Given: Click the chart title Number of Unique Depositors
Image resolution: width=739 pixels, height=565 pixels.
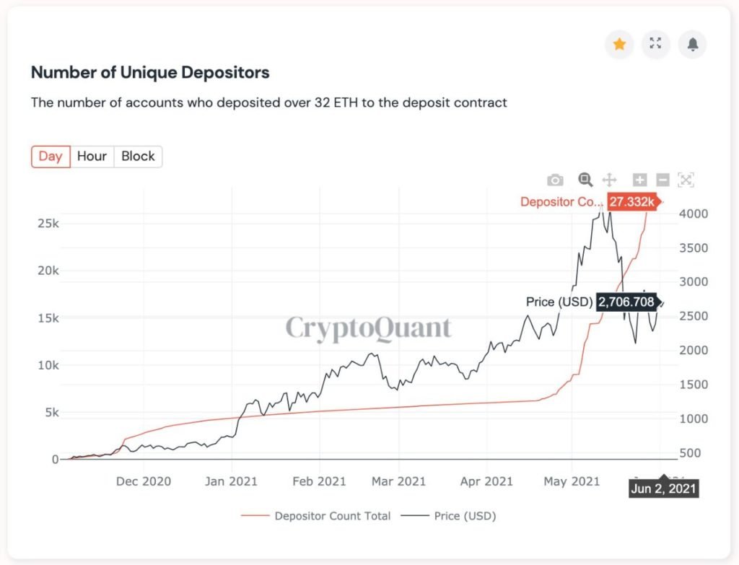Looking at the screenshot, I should pyautogui.click(x=150, y=73).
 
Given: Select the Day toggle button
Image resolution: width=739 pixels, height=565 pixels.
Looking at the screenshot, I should pyautogui.click(x=51, y=157).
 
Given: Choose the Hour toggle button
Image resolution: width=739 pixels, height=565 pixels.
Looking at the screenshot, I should pyautogui.click(x=92, y=157).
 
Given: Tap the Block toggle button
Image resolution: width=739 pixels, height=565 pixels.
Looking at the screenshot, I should pyautogui.click(x=138, y=157).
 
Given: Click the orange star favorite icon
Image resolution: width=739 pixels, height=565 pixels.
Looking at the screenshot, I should pyautogui.click(x=619, y=45).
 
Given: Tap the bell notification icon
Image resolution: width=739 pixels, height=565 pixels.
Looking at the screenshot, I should pyautogui.click(x=692, y=45).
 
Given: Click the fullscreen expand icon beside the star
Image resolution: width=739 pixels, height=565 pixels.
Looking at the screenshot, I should pyautogui.click(x=655, y=45).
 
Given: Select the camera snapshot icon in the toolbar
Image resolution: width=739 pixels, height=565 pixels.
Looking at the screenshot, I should pyautogui.click(x=555, y=180).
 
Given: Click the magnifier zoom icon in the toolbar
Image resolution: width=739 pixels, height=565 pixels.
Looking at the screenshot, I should pyautogui.click(x=585, y=180).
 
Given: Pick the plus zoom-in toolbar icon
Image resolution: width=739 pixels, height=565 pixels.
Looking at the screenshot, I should pyautogui.click(x=639, y=180).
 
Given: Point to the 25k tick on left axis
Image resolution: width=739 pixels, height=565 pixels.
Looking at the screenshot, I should pyautogui.click(x=48, y=224).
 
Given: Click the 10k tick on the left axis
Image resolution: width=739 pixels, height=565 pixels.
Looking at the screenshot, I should pyautogui.click(x=48, y=365).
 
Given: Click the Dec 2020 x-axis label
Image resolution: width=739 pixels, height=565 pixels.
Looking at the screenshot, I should pyautogui.click(x=144, y=481).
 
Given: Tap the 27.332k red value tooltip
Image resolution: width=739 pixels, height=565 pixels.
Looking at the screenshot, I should pyautogui.click(x=631, y=202).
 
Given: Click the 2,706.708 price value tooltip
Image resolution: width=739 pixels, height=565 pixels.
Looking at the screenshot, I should pyautogui.click(x=626, y=302).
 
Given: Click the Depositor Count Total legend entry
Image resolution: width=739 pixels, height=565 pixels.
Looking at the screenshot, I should pyautogui.click(x=332, y=516).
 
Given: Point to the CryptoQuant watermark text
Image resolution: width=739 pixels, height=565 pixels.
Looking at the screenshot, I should pyautogui.click(x=368, y=328).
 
